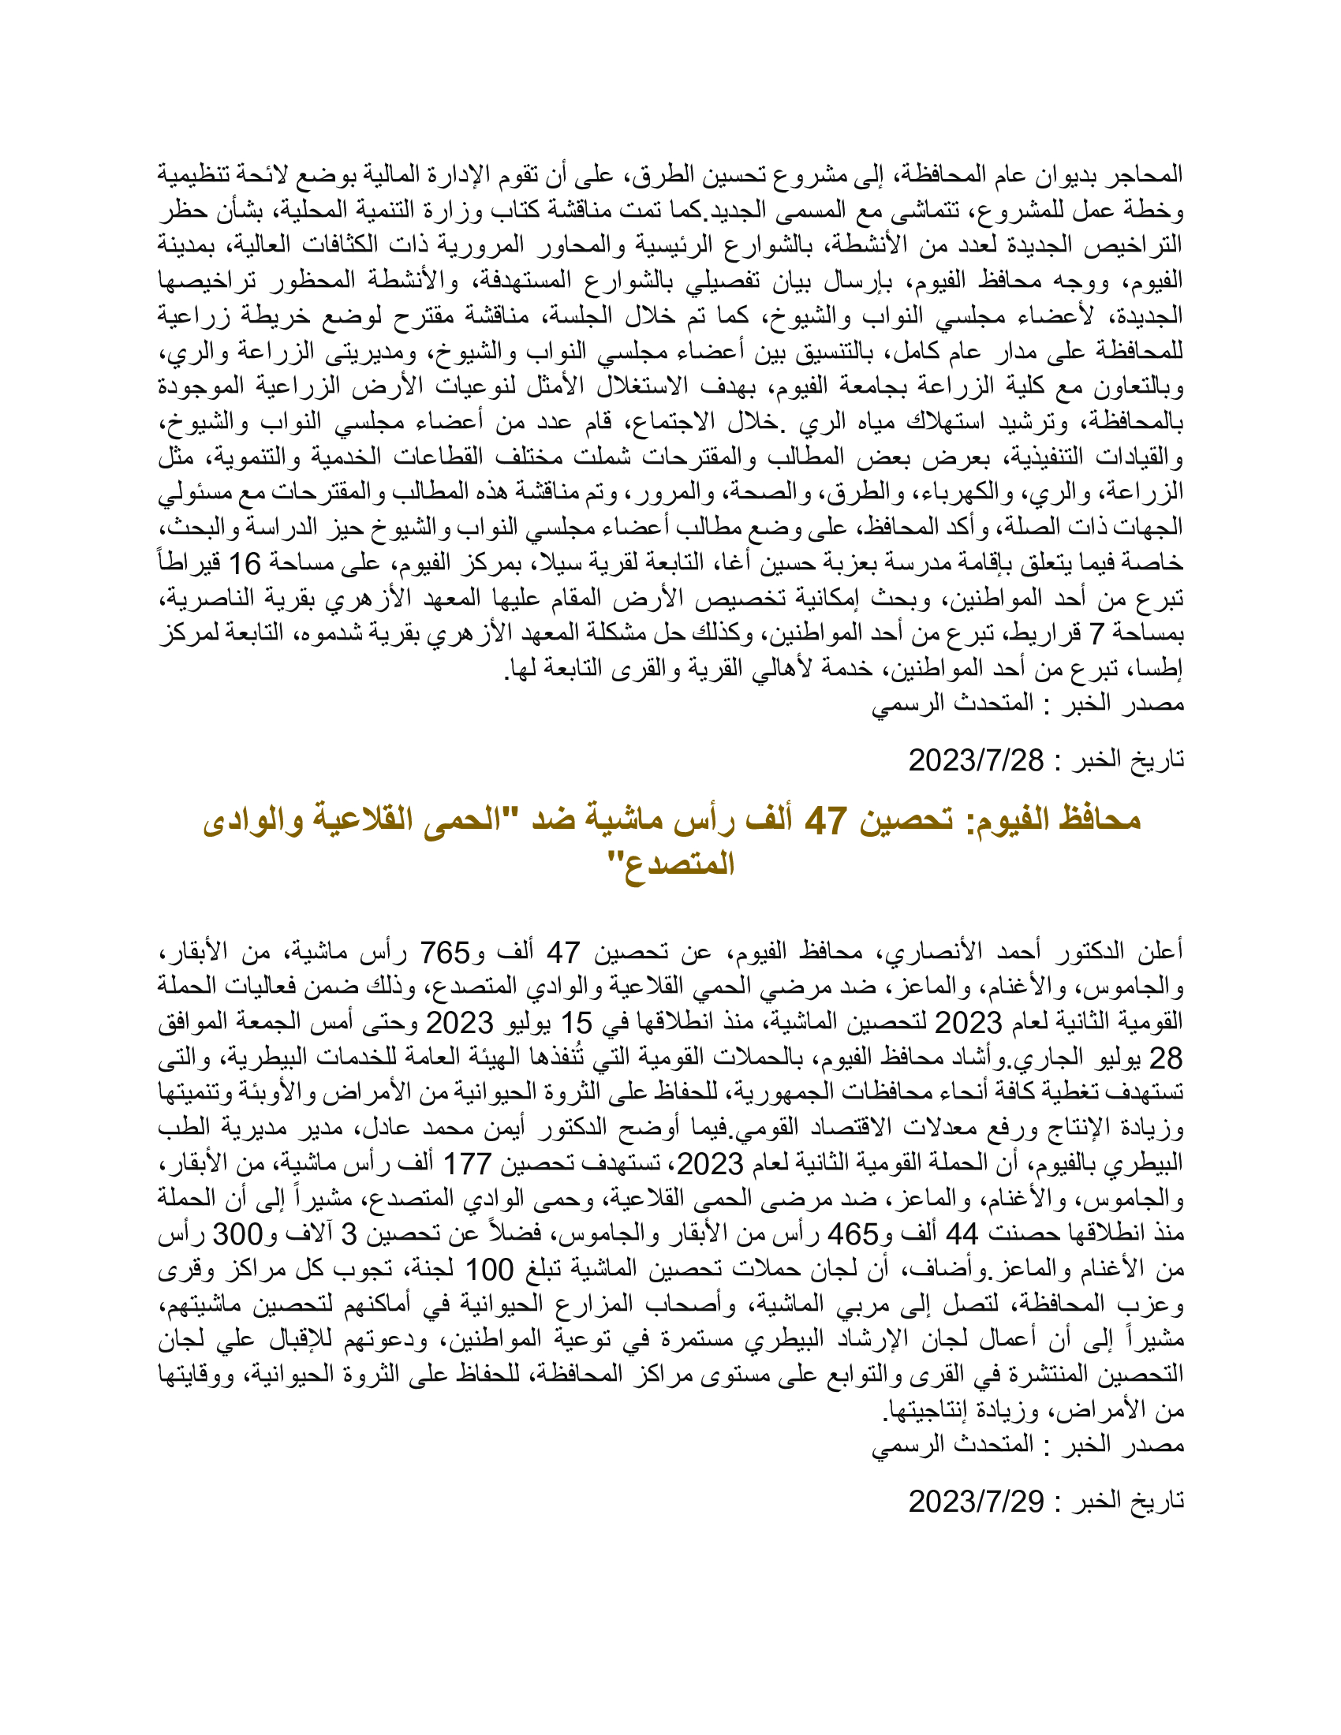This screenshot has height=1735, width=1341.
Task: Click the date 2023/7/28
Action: click(976, 760)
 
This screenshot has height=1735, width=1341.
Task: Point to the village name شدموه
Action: click(325, 633)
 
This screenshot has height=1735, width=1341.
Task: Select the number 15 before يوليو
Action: click(577, 1022)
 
